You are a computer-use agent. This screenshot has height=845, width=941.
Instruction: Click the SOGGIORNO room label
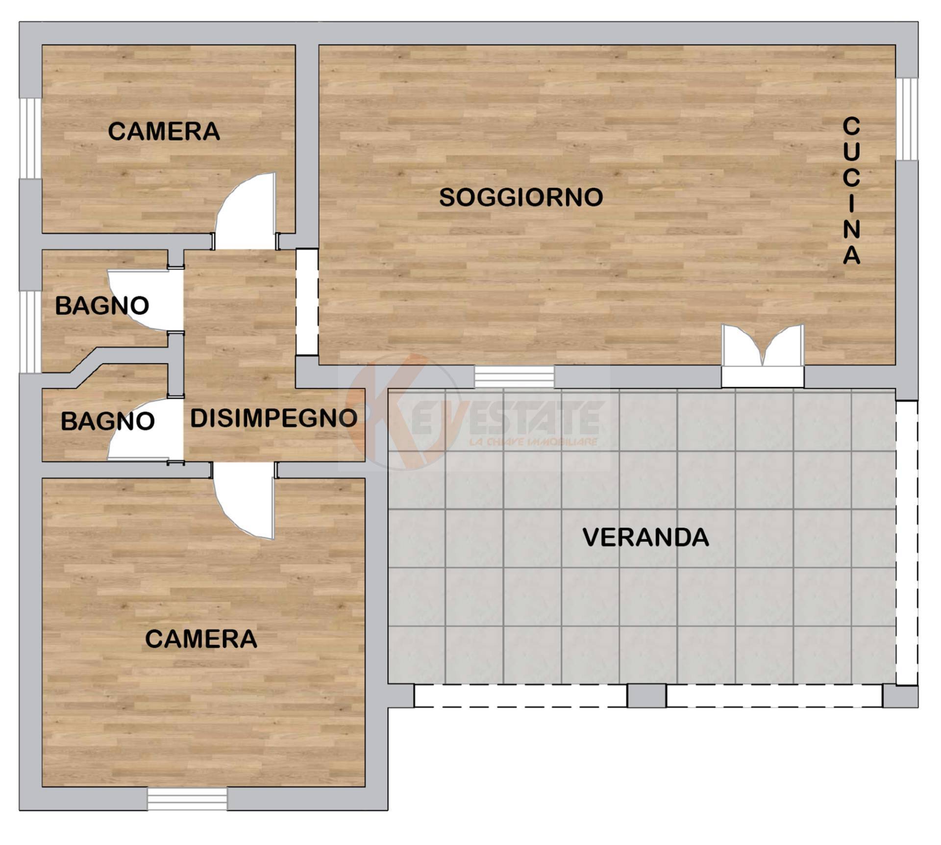coord(521,197)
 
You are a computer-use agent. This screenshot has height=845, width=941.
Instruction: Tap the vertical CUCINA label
coord(851,191)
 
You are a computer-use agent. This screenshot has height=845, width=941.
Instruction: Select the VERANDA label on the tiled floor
coord(645,537)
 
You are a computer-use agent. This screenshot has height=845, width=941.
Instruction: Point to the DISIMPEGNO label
coord(273,418)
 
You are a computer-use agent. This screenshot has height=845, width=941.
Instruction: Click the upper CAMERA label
coord(164,131)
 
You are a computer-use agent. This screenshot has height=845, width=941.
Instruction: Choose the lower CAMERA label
coord(201,639)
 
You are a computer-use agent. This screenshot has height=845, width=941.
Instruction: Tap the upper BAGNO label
coord(102,306)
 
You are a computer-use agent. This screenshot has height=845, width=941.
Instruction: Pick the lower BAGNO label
coord(107,421)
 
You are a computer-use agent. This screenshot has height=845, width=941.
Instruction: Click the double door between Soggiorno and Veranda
coord(762,353)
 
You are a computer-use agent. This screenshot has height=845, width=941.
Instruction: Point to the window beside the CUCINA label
coord(907,119)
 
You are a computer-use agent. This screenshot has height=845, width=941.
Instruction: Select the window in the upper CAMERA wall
coord(30,138)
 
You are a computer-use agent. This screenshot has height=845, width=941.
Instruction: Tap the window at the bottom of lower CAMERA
coord(187,799)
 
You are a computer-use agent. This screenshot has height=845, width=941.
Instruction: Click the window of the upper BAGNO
coord(30,332)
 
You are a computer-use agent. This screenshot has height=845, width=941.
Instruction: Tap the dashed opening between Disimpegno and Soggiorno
coord(307,302)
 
